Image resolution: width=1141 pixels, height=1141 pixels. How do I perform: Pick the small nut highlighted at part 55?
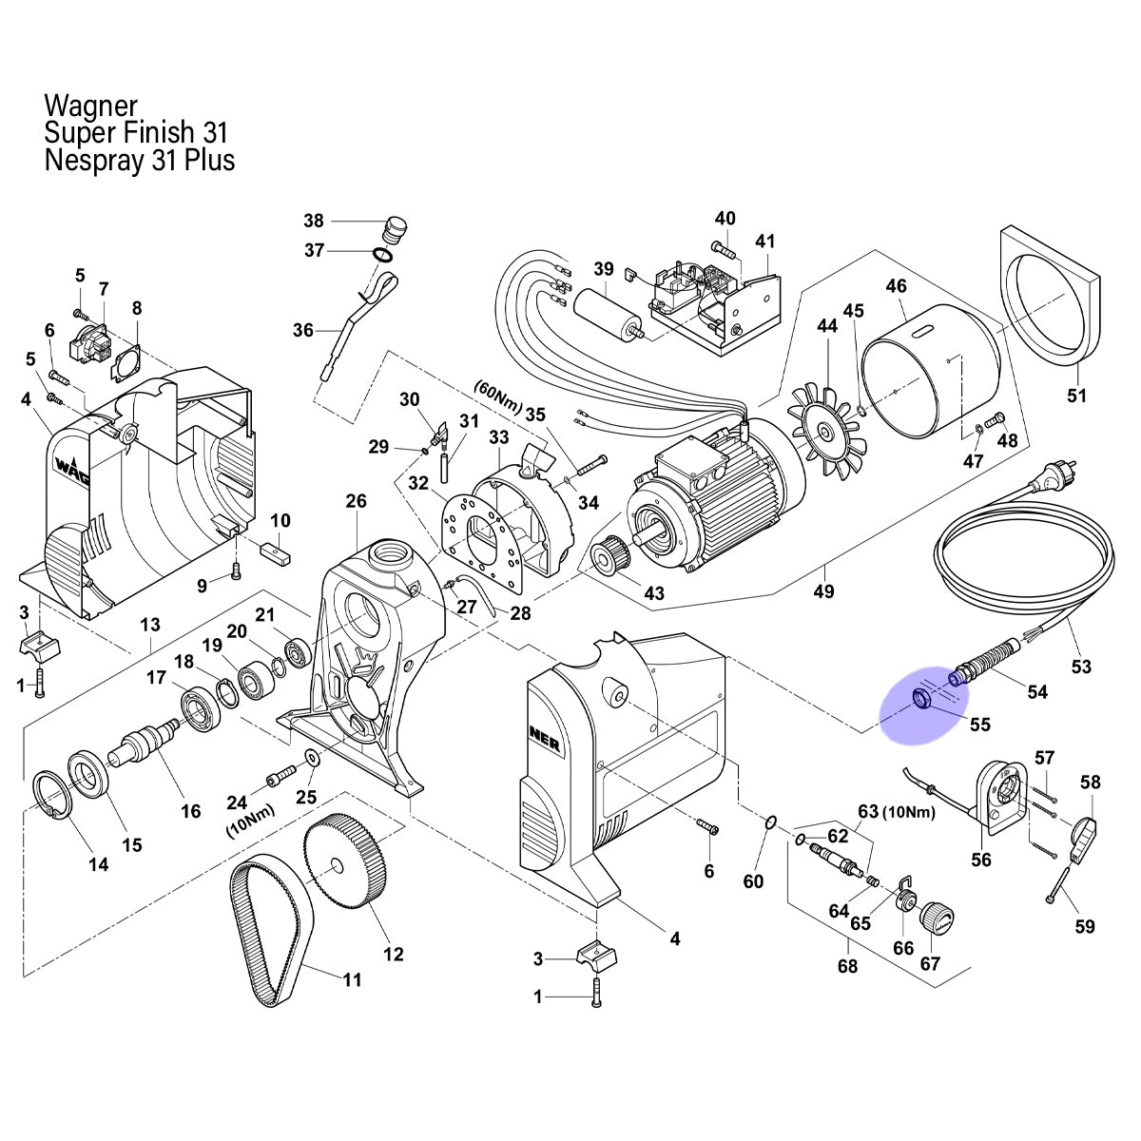click(921, 699)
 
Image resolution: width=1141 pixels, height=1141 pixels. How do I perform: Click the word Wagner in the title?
click(90, 106)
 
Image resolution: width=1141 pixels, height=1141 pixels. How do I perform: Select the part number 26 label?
click(356, 501)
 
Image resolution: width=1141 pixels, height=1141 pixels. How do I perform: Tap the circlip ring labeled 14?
click(52, 795)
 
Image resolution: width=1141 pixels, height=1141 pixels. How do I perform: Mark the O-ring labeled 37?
click(382, 255)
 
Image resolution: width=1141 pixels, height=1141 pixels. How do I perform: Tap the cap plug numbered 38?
click(394, 229)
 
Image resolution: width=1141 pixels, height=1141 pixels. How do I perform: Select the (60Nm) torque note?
click(498, 396)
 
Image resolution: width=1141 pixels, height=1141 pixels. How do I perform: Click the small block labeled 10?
click(275, 552)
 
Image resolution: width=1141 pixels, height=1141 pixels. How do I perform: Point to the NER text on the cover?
click(545, 739)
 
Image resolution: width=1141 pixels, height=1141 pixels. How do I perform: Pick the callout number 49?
click(823, 590)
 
